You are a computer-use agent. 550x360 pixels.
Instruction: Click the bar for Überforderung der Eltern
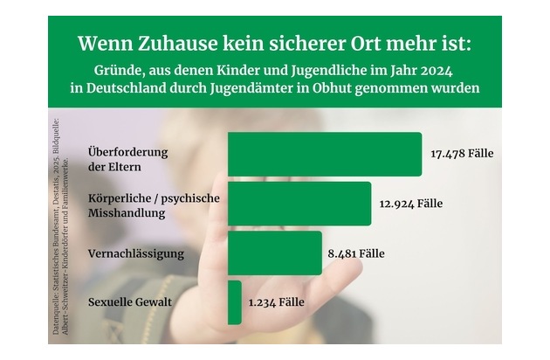(324, 154)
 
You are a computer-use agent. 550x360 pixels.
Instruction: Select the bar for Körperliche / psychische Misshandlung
(299, 204)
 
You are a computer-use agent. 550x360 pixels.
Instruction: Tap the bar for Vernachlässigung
(274, 253)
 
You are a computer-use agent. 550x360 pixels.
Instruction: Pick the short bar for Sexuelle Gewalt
(234, 302)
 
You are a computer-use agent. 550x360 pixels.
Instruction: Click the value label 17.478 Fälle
(462, 154)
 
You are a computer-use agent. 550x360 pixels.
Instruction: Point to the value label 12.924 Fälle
(411, 204)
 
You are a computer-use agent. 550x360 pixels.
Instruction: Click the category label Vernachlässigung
(135, 254)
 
